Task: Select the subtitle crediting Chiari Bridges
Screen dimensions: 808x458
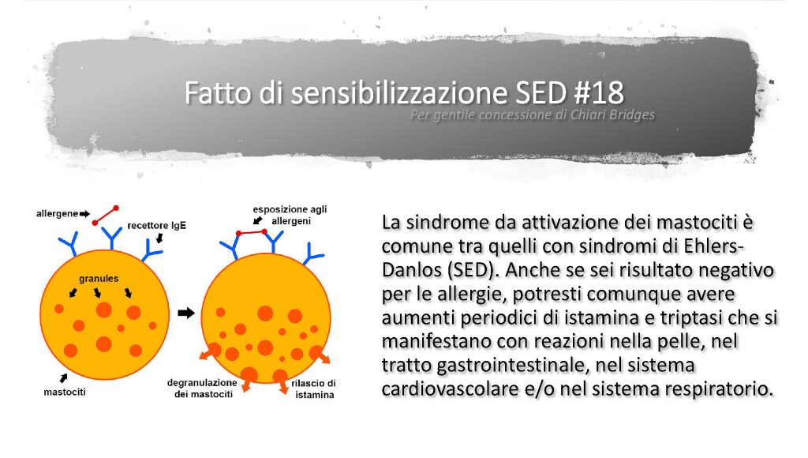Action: tap(533, 114)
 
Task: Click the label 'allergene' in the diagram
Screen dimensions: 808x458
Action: tap(57, 213)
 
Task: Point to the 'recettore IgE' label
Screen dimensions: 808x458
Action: tap(157, 225)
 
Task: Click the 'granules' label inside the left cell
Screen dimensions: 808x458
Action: tap(99, 279)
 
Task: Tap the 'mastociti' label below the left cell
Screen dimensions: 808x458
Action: tap(65, 392)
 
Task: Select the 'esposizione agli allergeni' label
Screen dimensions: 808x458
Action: tap(290, 215)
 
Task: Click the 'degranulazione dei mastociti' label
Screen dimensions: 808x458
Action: tap(202, 389)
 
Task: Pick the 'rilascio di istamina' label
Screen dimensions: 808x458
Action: tap(314, 389)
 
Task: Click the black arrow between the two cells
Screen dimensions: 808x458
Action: tap(186, 313)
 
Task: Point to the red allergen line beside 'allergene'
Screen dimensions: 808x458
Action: tap(106, 216)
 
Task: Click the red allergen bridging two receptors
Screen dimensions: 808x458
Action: tap(252, 233)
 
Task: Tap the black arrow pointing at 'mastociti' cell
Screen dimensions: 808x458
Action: tap(63, 378)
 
